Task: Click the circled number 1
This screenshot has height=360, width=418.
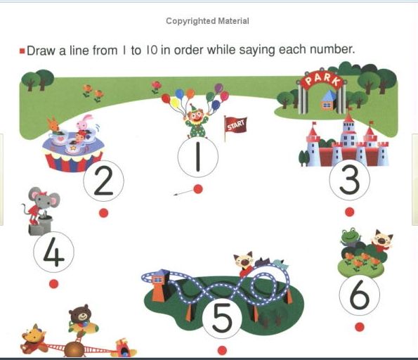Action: pyautogui.click(x=198, y=157)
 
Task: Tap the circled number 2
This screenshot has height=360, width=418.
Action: pyautogui.click(x=103, y=181)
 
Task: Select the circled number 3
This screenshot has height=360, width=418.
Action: pyautogui.click(x=349, y=179)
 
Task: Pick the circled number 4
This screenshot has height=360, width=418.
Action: pyautogui.click(x=54, y=252)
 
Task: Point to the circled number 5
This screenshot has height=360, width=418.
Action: pyautogui.click(x=222, y=319)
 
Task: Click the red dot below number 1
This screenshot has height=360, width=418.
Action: pyautogui.click(x=198, y=189)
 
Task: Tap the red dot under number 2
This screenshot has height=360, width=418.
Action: pyautogui.click(x=104, y=213)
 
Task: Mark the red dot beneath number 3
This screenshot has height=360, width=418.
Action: pyautogui.click(x=349, y=212)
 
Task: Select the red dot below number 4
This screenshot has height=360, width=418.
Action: pyautogui.click(x=54, y=284)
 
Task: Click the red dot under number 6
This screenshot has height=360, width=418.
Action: pyautogui.click(x=360, y=327)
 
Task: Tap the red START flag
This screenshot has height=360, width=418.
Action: pyautogui.click(x=236, y=125)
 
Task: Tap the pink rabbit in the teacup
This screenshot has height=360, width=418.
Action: pyautogui.click(x=85, y=123)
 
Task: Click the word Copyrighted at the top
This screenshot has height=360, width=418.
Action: pyautogui.click(x=191, y=21)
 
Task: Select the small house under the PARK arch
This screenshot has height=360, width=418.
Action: pyautogui.click(x=328, y=101)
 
